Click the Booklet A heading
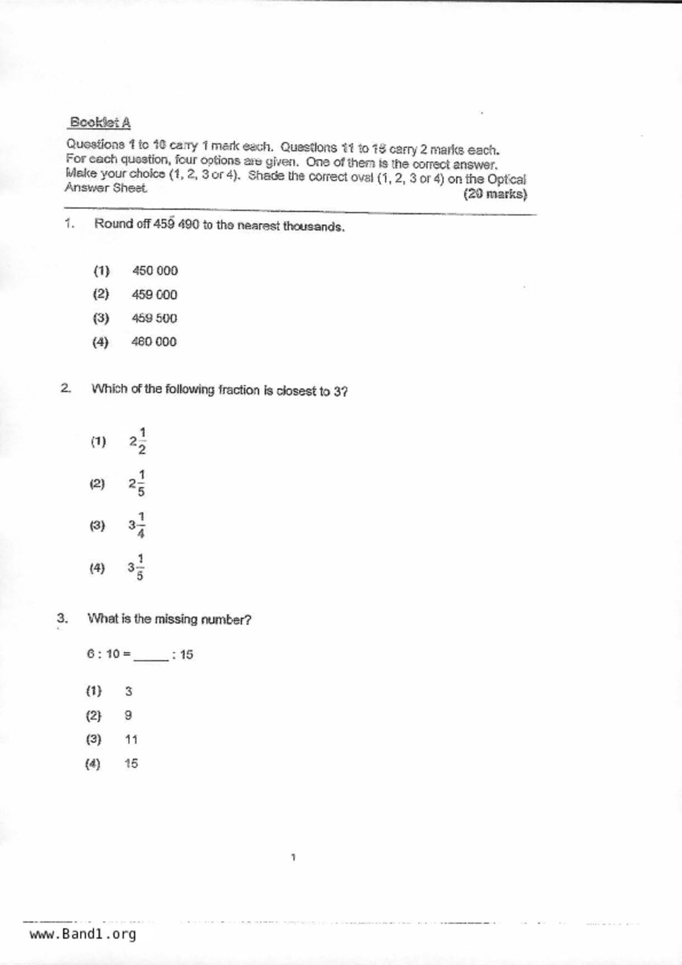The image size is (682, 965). click(x=100, y=122)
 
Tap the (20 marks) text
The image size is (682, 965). click(x=495, y=194)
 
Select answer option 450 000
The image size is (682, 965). click(x=155, y=271)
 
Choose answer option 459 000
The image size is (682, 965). click(x=154, y=295)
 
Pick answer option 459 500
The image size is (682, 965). click(x=154, y=319)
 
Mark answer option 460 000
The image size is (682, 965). click(x=154, y=342)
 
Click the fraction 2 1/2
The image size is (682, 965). click(x=138, y=441)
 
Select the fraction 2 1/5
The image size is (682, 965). click(x=137, y=484)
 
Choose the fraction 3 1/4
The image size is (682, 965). click(x=137, y=525)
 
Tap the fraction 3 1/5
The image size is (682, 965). click(x=136, y=568)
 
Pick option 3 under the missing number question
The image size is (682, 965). click(x=128, y=692)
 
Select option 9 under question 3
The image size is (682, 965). click(x=128, y=716)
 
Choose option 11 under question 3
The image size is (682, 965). click(x=131, y=740)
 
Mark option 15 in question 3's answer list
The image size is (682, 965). click(x=131, y=764)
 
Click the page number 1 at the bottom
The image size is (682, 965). click(x=293, y=857)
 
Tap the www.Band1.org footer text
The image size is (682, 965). click(x=83, y=934)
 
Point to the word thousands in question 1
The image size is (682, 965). click(x=314, y=227)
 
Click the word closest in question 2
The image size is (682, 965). click(x=296, y=391)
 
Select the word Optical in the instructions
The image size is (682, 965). click(x=506, y=179)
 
